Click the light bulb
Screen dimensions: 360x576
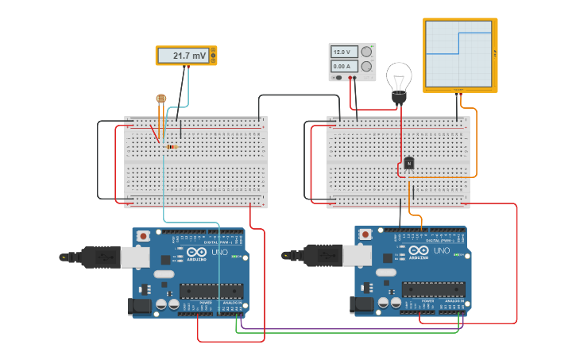coord(399,81)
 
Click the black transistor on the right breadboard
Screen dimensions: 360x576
coord(408,163)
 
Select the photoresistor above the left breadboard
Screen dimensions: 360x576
coord(161,99)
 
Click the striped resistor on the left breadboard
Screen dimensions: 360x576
coord(170,146)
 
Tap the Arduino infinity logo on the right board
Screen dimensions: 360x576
coord(419,250)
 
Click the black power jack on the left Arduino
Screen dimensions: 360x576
coord(138,305)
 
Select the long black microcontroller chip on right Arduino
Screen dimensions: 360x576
coord(433,289)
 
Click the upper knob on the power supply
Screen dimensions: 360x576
coord(366,52)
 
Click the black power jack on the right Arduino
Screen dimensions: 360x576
coord(361,305)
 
